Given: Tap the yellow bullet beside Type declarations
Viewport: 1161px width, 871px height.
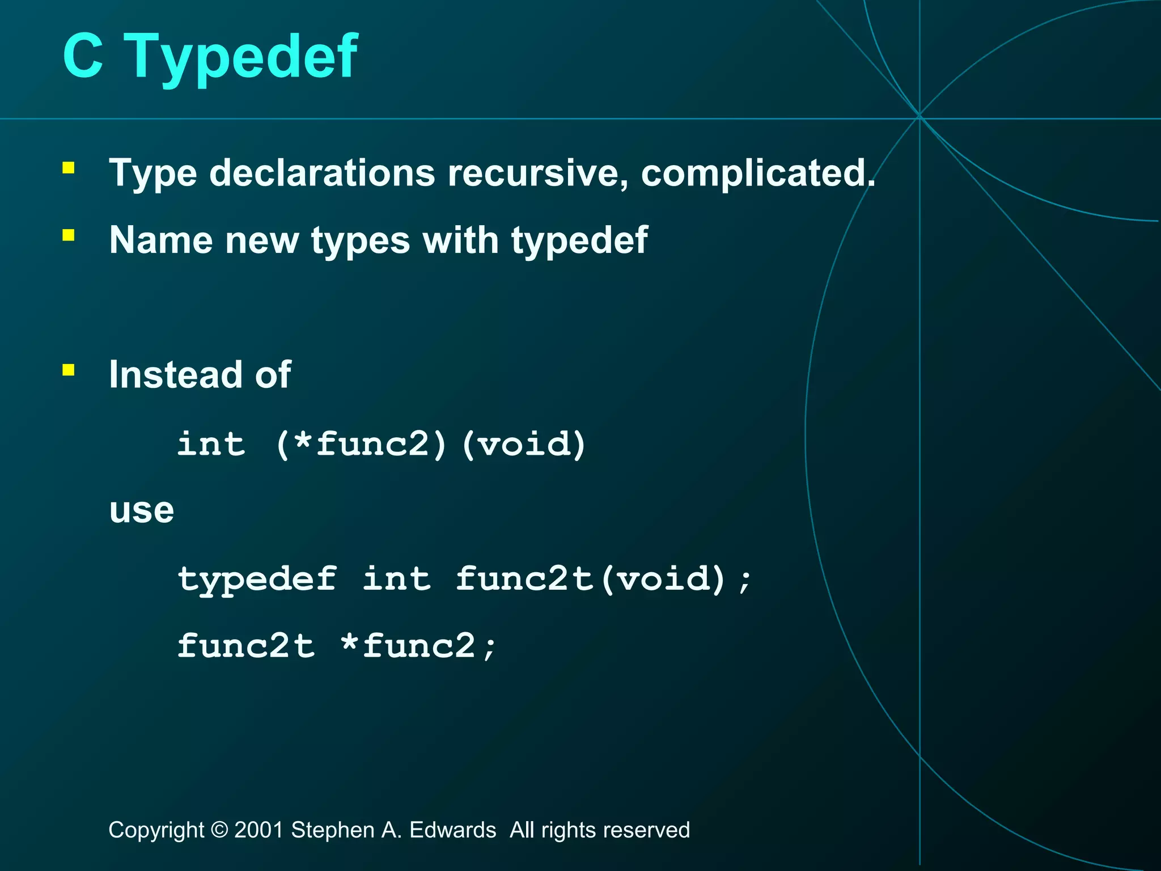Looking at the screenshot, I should point(69,168).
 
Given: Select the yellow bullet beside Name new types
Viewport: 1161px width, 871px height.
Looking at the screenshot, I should point(69,235).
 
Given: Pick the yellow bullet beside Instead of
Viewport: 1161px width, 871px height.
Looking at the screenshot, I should point(69,370).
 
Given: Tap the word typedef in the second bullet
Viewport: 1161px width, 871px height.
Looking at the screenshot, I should point(579,241).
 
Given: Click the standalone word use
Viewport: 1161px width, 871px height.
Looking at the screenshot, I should point(141,510).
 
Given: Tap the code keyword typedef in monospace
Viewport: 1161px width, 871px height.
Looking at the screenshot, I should point(257,579).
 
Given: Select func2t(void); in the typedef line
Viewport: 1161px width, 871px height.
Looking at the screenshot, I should point(604,579).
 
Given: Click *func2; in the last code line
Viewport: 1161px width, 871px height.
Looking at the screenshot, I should point(418,646).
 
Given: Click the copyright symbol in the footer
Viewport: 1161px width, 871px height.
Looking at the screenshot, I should point(219,830).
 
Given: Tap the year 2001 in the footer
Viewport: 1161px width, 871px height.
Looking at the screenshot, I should point(259,830).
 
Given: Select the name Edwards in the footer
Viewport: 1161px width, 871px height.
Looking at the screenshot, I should point(452,830).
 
